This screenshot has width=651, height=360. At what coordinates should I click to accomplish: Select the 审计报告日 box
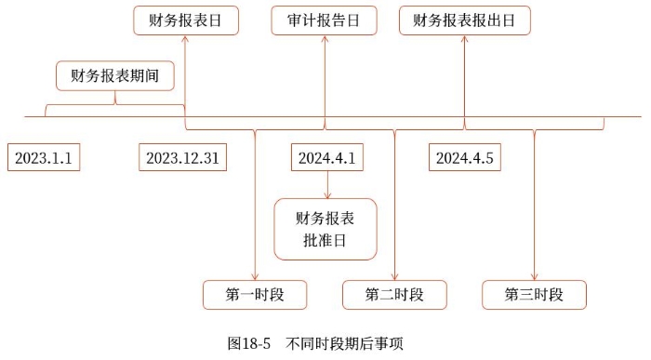325,20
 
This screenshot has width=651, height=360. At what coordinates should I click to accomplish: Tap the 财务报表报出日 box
462,20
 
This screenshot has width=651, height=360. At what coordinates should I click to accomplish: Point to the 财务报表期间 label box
116,75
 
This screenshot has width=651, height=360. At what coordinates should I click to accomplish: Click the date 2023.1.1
44,158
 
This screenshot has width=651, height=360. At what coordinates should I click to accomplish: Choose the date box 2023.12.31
182,158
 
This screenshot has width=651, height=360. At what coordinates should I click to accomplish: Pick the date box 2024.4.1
326,158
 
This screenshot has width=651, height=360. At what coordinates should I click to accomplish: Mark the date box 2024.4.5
466,158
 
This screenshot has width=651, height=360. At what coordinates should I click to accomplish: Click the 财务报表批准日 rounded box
326,229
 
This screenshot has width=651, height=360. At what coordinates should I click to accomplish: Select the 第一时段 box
255,295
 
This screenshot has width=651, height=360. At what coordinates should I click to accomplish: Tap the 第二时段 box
394,295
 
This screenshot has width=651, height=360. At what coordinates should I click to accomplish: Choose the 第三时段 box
534,295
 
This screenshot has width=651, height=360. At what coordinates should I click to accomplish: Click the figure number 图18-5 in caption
249,343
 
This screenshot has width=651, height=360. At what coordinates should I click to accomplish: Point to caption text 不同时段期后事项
345,343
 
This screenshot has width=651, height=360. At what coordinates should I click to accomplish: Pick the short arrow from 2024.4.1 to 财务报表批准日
326,185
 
